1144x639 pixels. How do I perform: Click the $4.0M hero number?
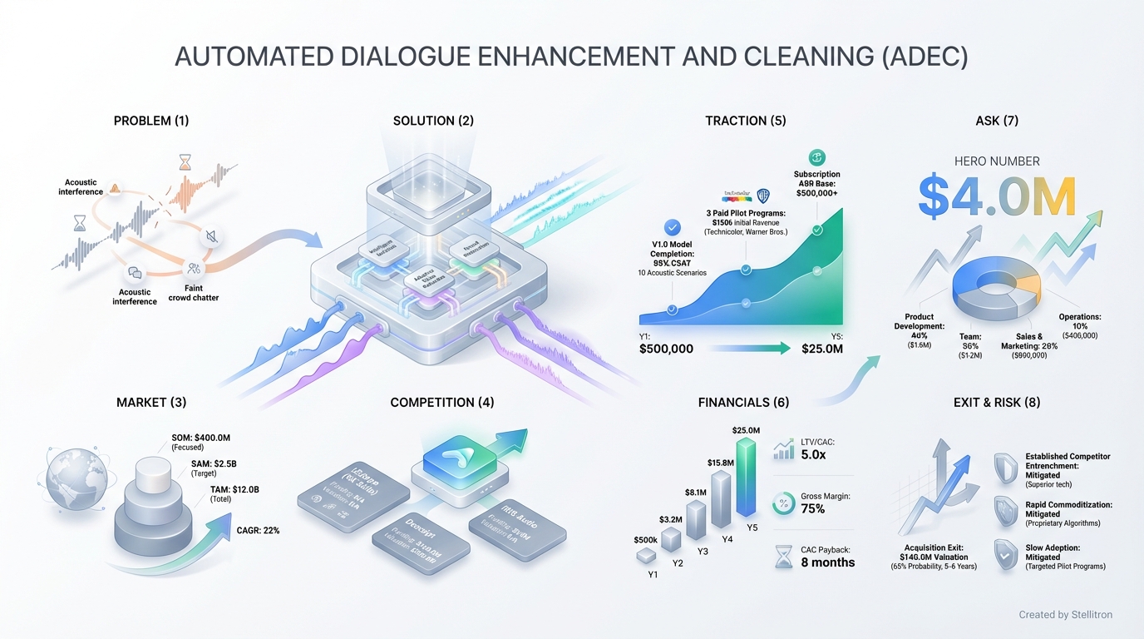click(x=997, y=197)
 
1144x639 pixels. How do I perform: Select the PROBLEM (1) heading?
click(x=151, y=121)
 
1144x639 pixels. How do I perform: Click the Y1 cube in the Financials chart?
click(x=647, y=556)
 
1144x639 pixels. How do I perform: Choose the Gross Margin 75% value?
click(x=813, y=509)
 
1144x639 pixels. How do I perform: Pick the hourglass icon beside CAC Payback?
click(x=783, y=557)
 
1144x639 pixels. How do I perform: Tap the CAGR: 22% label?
click(x=258, y=530)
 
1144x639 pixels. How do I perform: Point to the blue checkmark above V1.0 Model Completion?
click(x=672, y=227)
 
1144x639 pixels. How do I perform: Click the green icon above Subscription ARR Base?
click(x=816, y=157)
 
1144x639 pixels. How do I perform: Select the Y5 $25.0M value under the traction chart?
click(x=821, y=349)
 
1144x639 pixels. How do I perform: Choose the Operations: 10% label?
click(x=1079, y=321)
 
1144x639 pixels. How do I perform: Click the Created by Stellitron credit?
click(x=1065, y=615)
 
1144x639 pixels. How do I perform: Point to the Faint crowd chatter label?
click(x=194, y=293)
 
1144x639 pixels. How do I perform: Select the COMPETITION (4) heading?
click(x=441, y=403)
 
